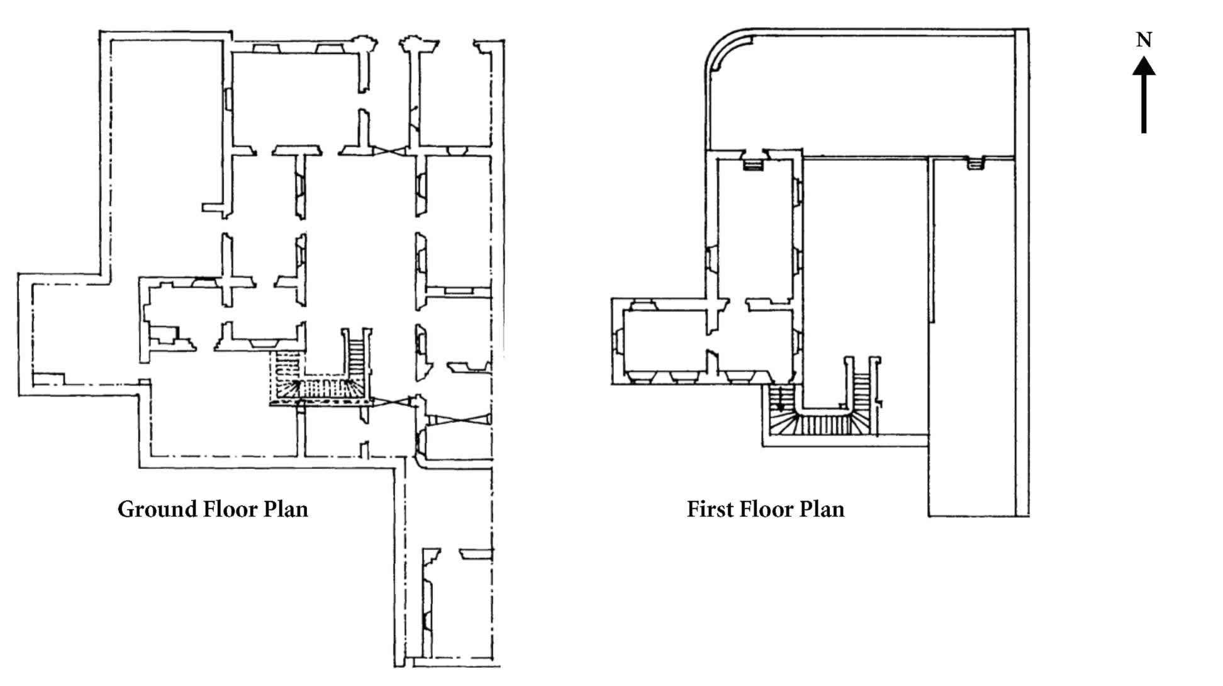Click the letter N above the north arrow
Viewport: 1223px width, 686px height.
click(1144, 40)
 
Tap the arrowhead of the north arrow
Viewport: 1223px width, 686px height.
click(1144, 67)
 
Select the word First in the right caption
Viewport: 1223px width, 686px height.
click(709, 509)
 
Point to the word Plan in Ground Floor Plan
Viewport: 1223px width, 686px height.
click(286, 509)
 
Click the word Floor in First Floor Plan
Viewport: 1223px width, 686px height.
click(765, 509)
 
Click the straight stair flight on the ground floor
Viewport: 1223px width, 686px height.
click(357, 356)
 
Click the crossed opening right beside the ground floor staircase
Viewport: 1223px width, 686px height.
click(391, 402)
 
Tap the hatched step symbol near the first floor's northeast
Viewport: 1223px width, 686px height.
click(974, 164)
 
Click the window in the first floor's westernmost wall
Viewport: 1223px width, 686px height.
click(617, 342)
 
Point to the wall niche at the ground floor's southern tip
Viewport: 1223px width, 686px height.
click(428, 603)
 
